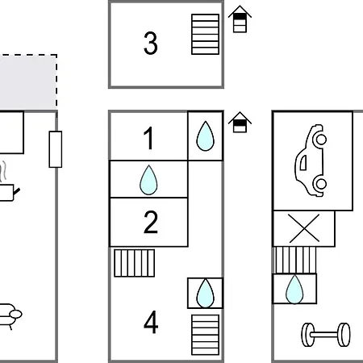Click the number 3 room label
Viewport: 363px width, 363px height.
click(x=150, y=43)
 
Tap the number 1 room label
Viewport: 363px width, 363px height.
click(x=149, y=138)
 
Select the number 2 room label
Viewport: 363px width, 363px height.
click(x=151, y=222)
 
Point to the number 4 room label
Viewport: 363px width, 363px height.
click(x=151, y=322)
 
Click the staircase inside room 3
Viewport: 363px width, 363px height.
click(x=205, y=35)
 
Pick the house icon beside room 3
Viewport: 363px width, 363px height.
click(x=240, y=19)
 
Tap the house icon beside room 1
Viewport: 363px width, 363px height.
click(x=240, y=123)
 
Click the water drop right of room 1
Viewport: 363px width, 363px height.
click(x=205, y=136)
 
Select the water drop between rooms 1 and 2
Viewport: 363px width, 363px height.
click(x=148, y=180)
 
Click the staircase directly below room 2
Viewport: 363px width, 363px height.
click(x=135, y=263)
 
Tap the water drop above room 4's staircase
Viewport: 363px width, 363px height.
click(x=205, y=293)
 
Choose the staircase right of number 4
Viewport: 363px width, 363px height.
click(x=205, y=335)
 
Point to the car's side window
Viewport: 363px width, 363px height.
click(x=303, y=163)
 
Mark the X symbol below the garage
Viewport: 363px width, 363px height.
click(x=304, y=228)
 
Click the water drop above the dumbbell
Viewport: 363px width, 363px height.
click(x=294, y=290)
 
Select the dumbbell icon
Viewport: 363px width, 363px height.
click(x=326, y=335)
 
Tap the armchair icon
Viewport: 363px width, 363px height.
click(x=10, y=316)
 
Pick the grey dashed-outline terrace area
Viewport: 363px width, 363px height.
click(x=28, y=82)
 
